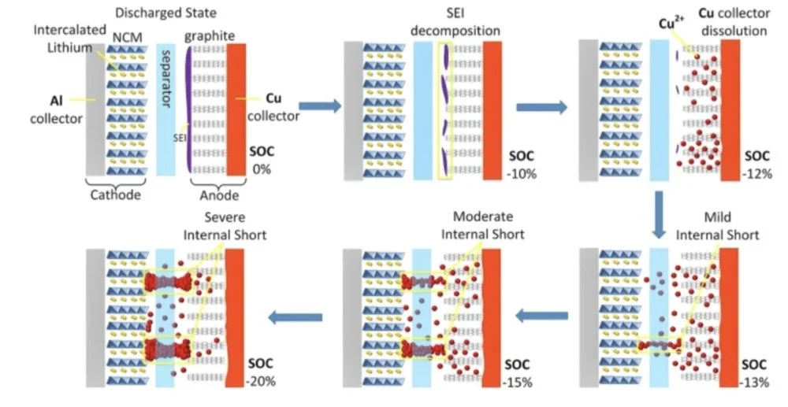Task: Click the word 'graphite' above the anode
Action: click(x=203, y=35)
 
